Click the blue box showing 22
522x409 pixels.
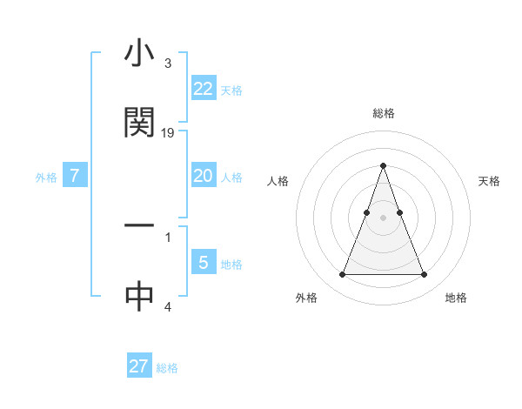[x=204, y=88]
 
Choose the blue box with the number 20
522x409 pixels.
[x=204, y=176]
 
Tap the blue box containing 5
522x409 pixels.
[x=204, y=263]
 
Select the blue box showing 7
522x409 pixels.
[x=75, y=176]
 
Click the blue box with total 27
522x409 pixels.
[x=139, y=366]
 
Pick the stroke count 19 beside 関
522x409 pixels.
[x=168, y=133]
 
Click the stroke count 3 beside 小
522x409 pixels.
[x=167, y=64]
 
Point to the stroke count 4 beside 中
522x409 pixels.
[x=167, y=307]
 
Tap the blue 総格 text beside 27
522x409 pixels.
[x=167, y=368]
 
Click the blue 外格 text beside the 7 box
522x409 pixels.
[x=46, y=178]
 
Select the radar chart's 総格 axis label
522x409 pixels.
[x=383, y=113]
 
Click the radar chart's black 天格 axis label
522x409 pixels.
[x=489, y=181]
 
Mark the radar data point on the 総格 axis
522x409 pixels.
[x=383, y=165]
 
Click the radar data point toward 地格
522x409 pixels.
[x=424, y=275]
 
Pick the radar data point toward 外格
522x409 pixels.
[x=342, y=275]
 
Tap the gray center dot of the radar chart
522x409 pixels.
[x=383, y=218]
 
